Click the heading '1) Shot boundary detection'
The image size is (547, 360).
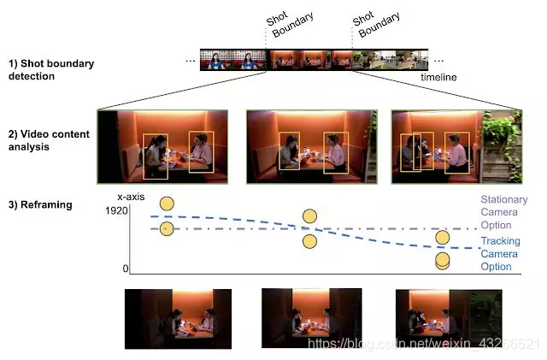51,69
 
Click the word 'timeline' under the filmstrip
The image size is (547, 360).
438,78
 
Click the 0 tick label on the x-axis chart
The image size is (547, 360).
125,269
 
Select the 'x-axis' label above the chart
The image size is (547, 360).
132,198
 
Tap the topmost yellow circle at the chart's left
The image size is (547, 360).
168,204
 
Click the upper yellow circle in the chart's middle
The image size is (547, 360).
309,217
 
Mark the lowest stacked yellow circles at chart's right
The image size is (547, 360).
442,262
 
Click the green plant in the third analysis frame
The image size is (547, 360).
498,133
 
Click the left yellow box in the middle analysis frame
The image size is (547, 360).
289,150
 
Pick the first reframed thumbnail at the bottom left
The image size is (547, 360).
178,318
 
